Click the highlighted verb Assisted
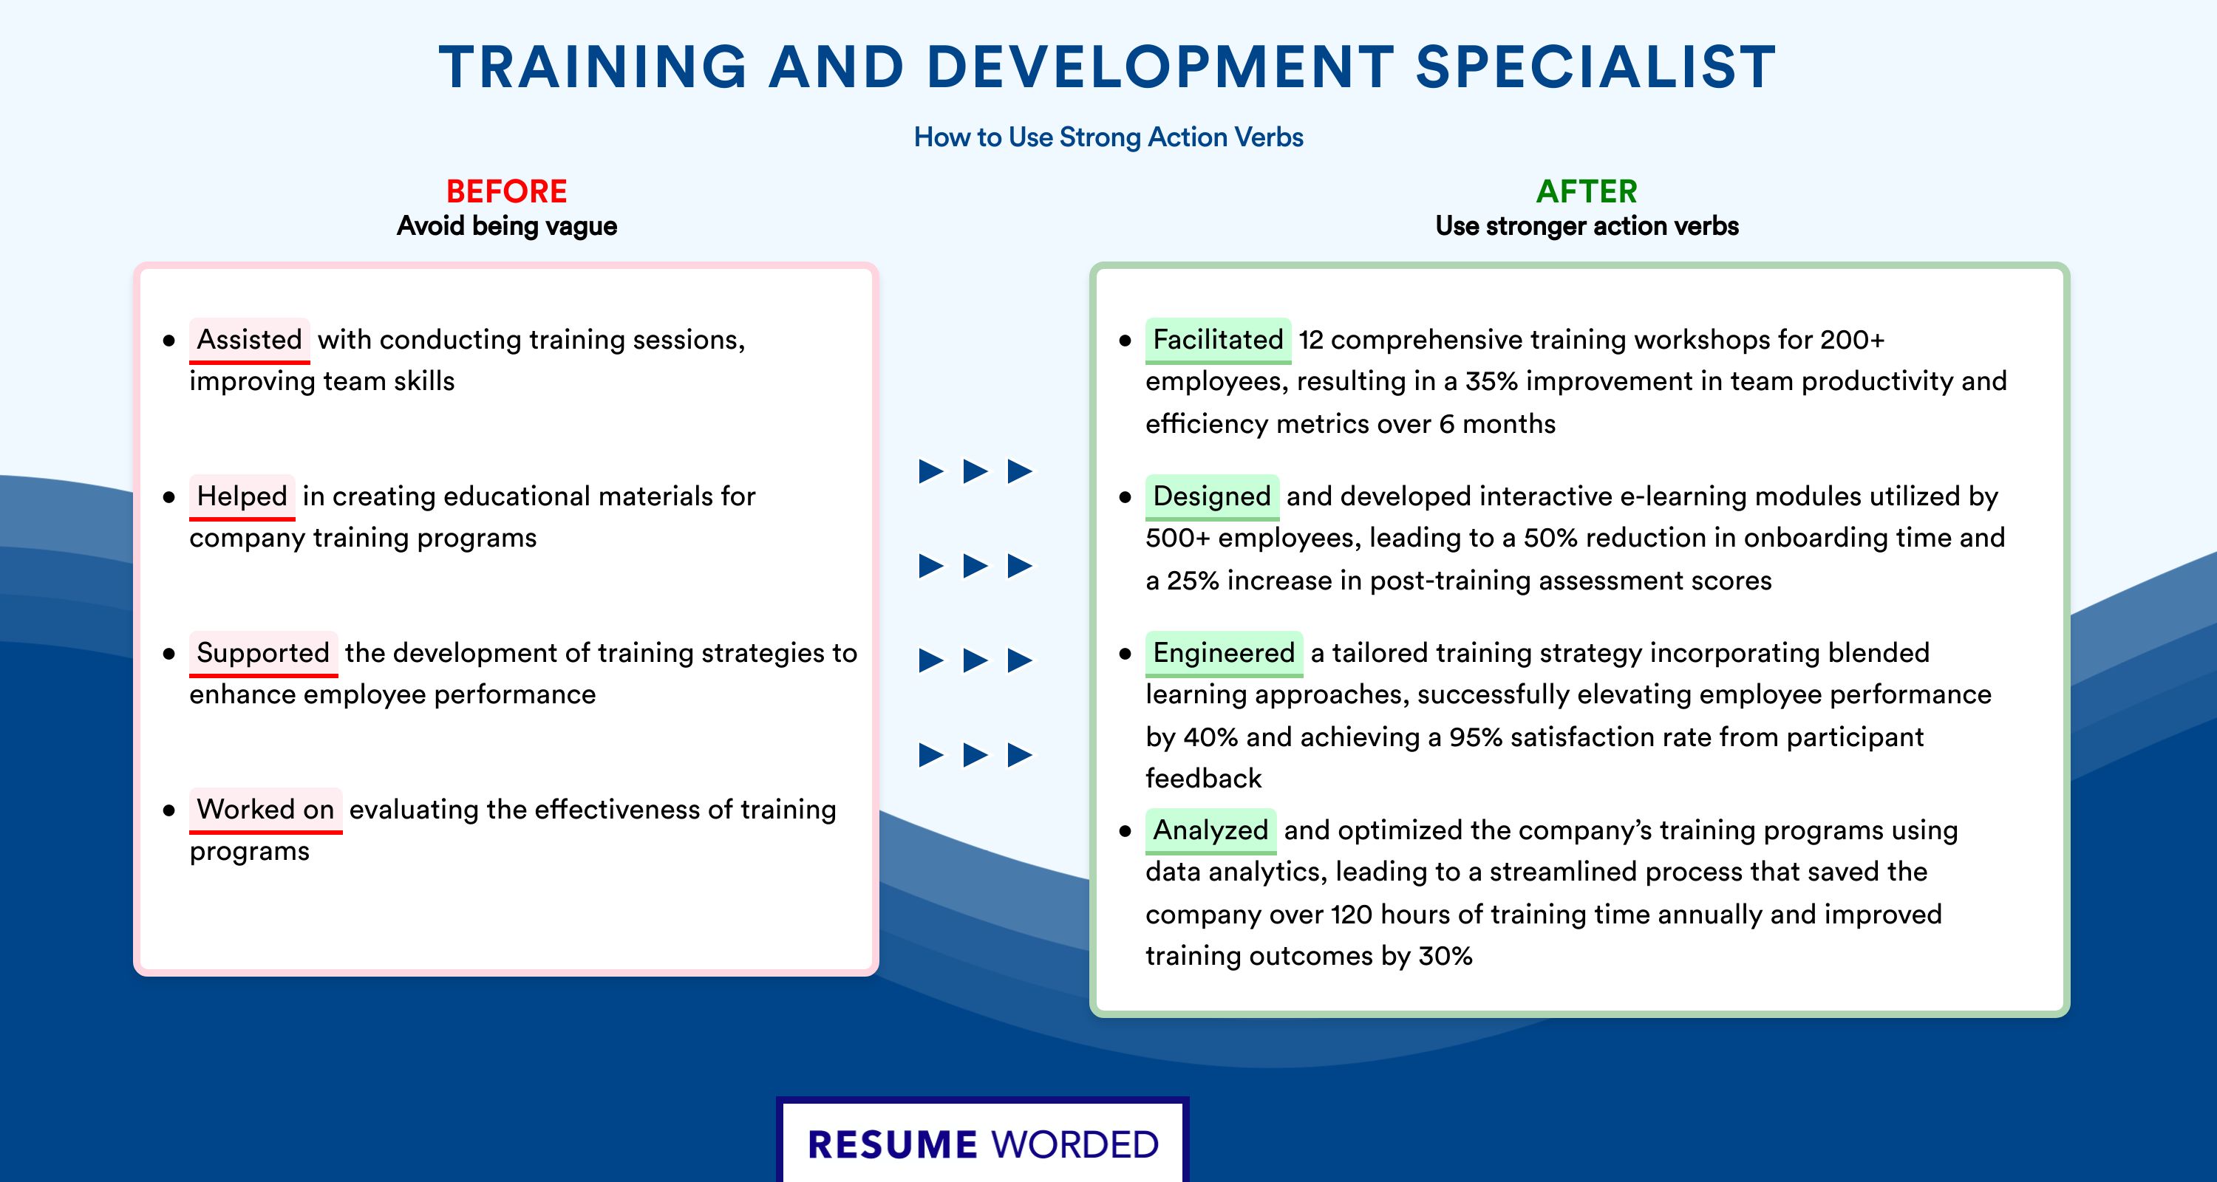click(x=250, y=340)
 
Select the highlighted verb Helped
click(x=242, y=496)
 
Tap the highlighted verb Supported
click(x=263, y=653)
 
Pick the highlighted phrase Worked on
click(x=266, y=810)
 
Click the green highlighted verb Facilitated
click(x=1218, y=340)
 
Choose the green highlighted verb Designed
click(x=1212, y=496)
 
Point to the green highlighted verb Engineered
click(x=1224, y=653)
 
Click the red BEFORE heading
click(x=507, y=191)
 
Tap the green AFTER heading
click(x=1587, y=191)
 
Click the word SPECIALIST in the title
click(x=1596, y=66)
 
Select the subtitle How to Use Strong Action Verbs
click(x=1108, y=137)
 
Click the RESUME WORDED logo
click(x=983, y=1144)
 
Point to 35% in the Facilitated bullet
click(x=1491, y=381)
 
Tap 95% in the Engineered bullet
click(x=1476, y=737)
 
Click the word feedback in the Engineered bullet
click(x=1203, y=779)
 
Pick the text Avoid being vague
click(x=507, y=226)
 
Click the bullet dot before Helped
click(x=168, y=497)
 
